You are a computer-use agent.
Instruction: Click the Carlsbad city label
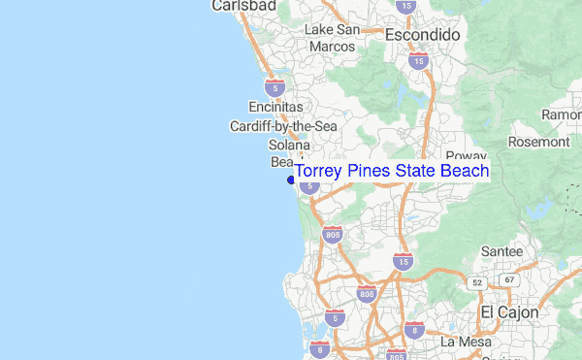pyautogui.click(x=243, y=6)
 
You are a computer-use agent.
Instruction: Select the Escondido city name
pyautogui.click(x=422, y=34)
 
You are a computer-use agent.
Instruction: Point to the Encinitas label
pyautogui.click(x=275, y=107)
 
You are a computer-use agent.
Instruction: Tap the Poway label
pyautogui.click(x=465, y=155)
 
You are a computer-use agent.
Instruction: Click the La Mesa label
pyautogui.click(x=462, y=342)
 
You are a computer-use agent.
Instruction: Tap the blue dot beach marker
pyautogui.click(x=290, y=179)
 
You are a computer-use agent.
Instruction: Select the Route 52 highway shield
pyautogui.click(x=476, y=281)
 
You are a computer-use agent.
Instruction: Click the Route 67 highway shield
pyautogui.click(x=507, y=279)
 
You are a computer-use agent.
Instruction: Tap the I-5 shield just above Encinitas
pyautogui.click(x=275, y=86)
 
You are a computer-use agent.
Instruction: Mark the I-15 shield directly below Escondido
pyautogui.click(x=418, y=60)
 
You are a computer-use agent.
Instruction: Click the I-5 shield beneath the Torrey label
pyautogui.click(x=308, y=184)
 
